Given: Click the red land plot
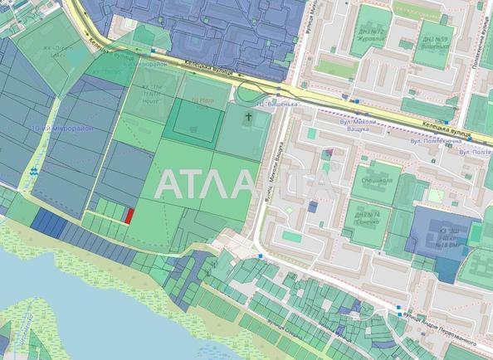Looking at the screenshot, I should pyautogui.click(x=129, y=216).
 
